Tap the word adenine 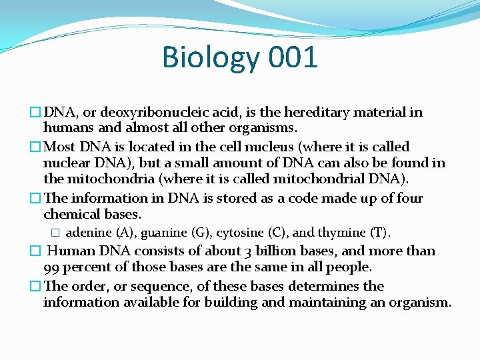pos(89,233)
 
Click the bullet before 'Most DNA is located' pos(36,147)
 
